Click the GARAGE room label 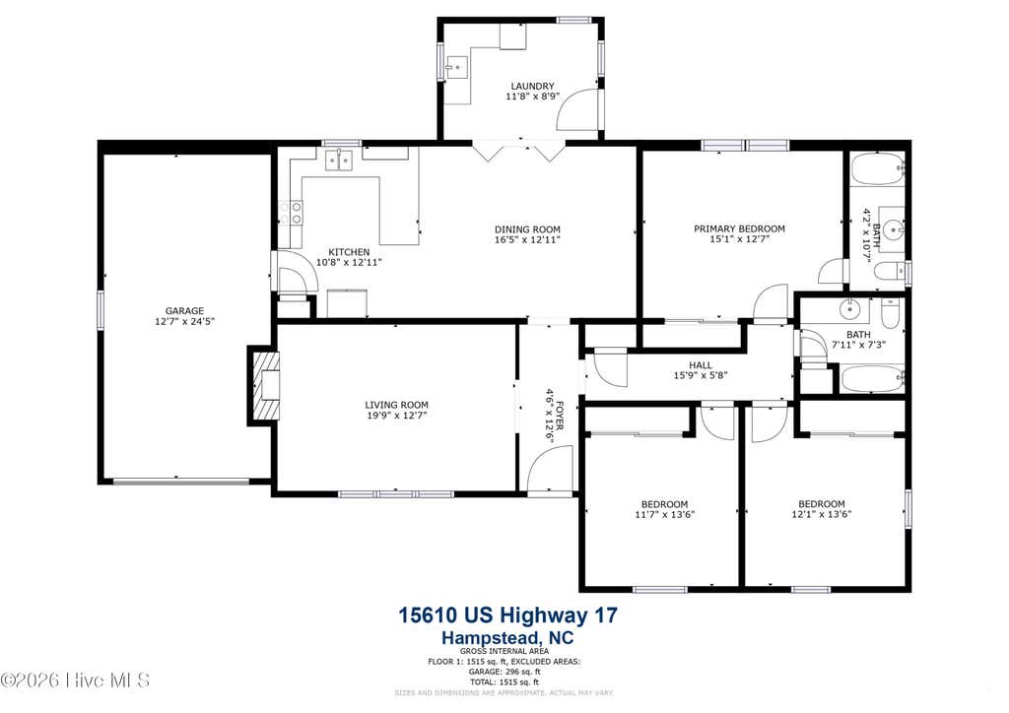[184, 311]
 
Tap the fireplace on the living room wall [264, 386]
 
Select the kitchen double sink [339, 160]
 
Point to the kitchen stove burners [291, 213]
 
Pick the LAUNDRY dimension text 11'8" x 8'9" [533, 97]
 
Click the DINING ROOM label [528, 229]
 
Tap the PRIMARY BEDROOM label [739, 228]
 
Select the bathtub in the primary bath [877, 168]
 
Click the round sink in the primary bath [892, 227]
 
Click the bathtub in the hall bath [872, 379]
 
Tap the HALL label [701, 365]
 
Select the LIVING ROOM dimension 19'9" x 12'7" [396, 416]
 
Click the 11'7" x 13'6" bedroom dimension [665, 514]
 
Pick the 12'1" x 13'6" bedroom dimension [822, 514]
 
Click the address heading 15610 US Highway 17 [508, 616]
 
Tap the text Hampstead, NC [507, 638]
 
